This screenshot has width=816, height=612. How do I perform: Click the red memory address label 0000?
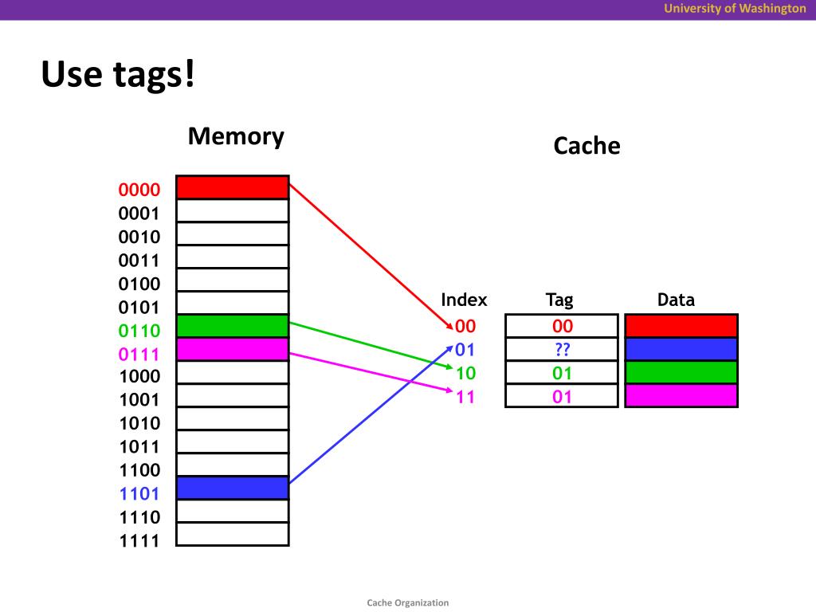139,190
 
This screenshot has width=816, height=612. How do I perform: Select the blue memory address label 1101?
139,493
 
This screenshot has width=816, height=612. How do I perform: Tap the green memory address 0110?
139,331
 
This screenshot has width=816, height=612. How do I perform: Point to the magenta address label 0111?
139,354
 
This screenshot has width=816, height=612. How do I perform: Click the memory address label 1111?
139,541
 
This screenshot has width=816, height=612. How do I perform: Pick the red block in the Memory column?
232,187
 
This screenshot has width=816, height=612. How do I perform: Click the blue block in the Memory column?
232,488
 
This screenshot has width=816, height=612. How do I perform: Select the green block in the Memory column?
232,326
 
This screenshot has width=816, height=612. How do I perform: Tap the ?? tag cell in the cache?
562,349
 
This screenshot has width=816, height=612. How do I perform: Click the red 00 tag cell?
562,326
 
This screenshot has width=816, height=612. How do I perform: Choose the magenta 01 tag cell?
562,396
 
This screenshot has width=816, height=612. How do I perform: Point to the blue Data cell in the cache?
681,349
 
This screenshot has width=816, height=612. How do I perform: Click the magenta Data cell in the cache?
681,396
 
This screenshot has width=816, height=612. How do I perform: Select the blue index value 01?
465,349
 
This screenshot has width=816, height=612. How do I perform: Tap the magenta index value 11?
465,396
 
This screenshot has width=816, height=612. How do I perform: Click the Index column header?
464,300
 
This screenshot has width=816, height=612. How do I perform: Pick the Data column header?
676,300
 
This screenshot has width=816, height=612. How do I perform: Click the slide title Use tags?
118,75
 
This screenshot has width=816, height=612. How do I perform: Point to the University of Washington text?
736,9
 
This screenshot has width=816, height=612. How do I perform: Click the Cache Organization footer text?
408,602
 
